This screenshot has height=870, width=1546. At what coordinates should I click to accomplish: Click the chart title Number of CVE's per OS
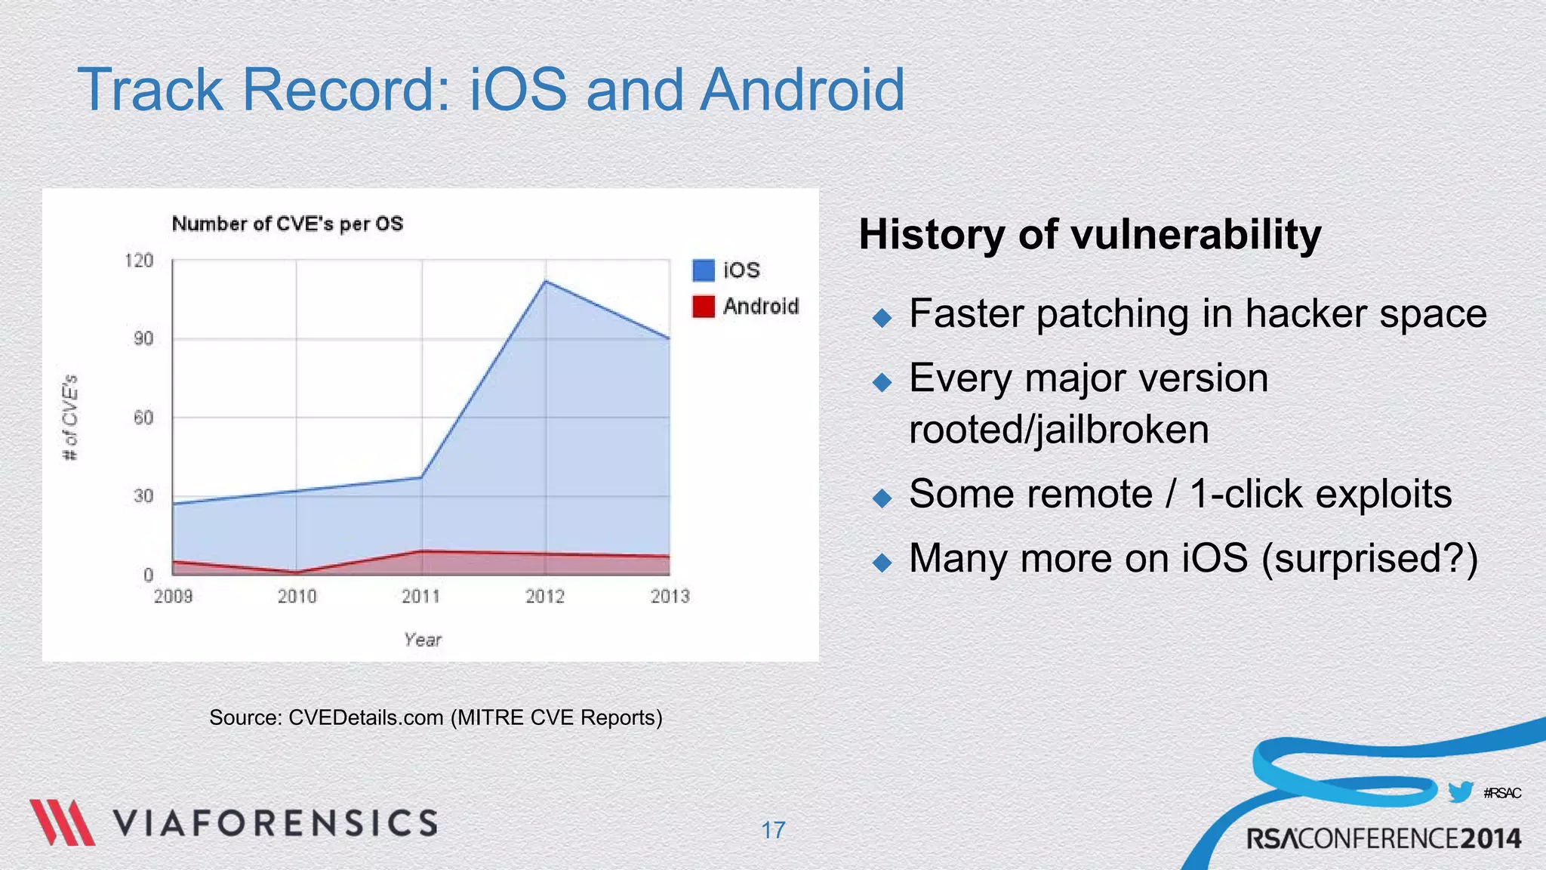[288, 224]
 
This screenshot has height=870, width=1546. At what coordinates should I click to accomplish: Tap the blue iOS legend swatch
[703, 270]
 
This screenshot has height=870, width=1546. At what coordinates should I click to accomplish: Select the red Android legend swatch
[703, 307]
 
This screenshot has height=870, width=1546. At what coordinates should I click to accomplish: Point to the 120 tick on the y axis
[139, 261]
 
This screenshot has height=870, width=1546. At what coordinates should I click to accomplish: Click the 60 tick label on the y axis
[143, 418]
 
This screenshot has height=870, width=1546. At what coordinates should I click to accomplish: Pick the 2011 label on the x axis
[420, 597]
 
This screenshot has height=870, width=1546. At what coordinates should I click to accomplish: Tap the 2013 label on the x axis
[670, 597]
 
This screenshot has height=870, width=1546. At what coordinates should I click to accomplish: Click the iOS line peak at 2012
[546, 282]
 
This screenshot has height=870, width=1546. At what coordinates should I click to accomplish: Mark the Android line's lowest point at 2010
[297, 572]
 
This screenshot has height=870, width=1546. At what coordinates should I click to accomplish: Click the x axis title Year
[422, 640]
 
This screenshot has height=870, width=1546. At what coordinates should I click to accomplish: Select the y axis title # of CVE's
[69, 417]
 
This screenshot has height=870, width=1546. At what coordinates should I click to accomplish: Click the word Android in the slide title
[802, 90]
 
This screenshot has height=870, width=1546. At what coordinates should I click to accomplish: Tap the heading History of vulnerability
[1089, 234]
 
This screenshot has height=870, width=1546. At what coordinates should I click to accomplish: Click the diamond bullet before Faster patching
[882, 317]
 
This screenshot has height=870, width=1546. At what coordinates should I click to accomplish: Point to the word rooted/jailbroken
[1058, 430]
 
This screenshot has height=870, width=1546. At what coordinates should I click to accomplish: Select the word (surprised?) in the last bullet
[1369, 558]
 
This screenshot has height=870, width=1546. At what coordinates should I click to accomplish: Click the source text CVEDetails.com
[365, 717]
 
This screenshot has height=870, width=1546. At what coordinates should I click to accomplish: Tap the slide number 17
[773, 831]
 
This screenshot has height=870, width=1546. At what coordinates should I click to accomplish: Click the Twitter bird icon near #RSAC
[1460, 792]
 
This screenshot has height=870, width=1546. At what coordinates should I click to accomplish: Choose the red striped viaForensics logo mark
[62, 822]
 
